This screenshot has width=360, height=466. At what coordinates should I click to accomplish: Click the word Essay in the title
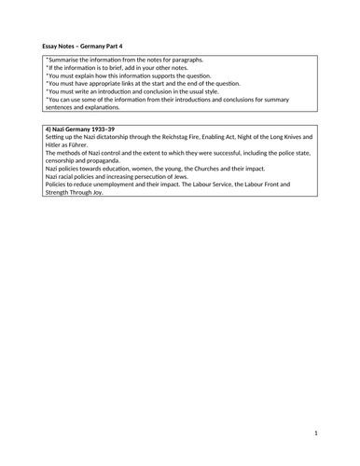[x=52, y=45]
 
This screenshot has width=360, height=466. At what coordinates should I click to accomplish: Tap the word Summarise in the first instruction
[x=66, y=60]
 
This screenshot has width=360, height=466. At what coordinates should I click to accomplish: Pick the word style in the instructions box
[x=214, y=93]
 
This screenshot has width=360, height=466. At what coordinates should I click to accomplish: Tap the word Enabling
[x=238, y=135]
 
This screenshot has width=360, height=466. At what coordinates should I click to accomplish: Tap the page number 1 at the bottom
[x=316, y=433]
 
